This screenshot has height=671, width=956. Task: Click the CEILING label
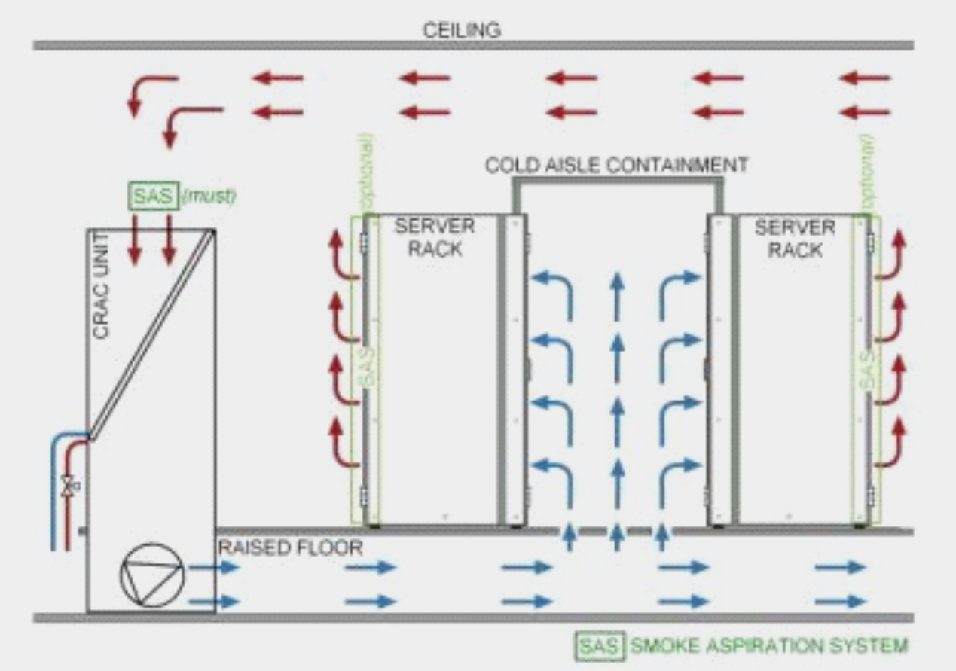[461, 30]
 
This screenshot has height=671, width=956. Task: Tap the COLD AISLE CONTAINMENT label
[616, 165]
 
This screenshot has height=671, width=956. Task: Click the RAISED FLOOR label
[290, 547]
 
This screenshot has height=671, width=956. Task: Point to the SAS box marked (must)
[153, 197]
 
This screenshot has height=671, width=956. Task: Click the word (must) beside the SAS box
[209, 197]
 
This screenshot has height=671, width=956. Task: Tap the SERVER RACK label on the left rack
[435, 237]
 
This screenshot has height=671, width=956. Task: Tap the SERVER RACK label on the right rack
[794, 237]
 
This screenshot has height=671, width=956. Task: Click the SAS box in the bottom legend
[600, 646]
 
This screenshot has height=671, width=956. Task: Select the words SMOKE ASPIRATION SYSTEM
[768, 646]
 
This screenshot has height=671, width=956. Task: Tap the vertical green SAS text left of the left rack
[368, 369]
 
